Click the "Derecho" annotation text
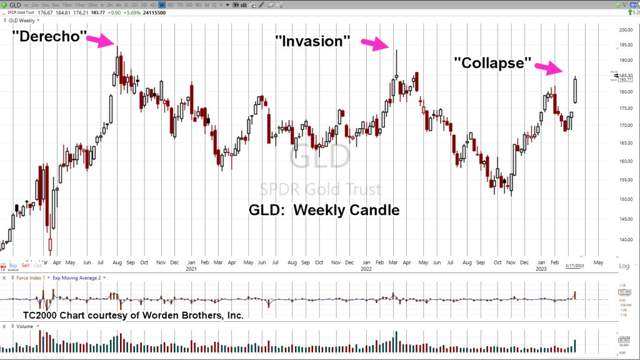pos(48,36)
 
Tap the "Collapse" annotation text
pos(493,64)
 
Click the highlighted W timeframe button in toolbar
pos(161,4)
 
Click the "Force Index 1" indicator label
pos(30,277)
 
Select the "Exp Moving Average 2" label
pos(76,277)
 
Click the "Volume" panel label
pos(26,326)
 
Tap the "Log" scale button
pos(624,266)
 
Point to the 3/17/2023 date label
pos(575,266)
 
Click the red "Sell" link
pos(25,266)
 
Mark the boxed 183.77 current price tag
pos(616,79)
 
